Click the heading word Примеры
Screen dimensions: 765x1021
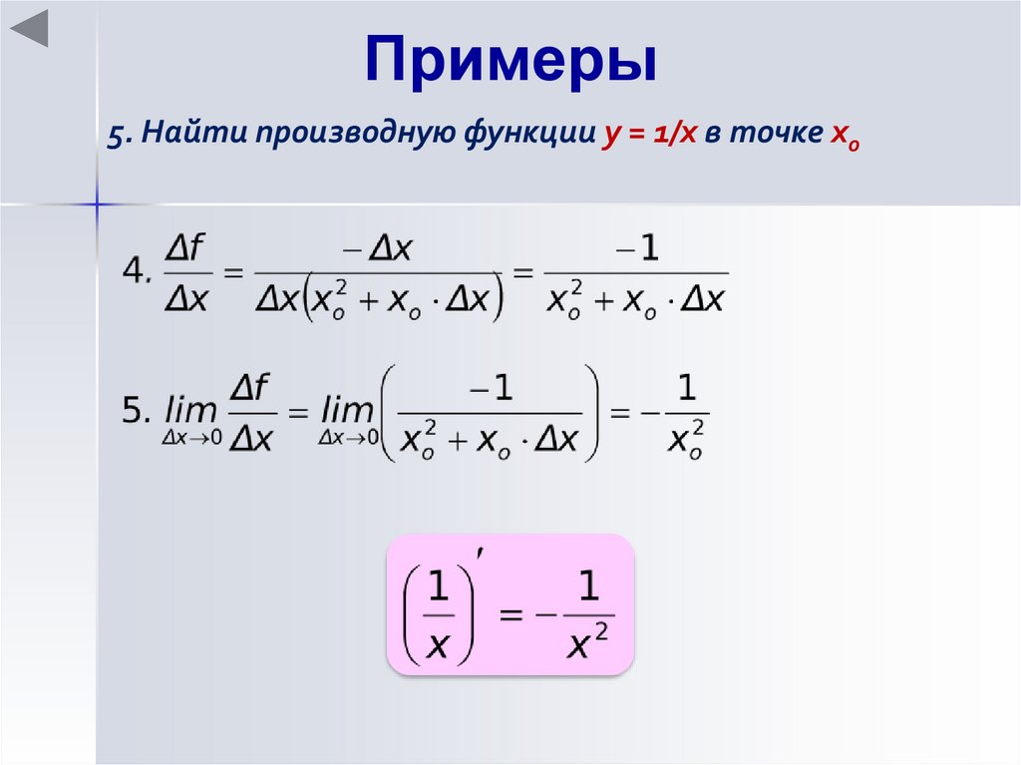click(x=510, y=63)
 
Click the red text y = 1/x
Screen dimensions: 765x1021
click(x=649, y=138)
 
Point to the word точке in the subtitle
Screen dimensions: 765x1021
click(x=775, y=137)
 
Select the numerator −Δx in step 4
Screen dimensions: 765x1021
click(x=378, y=249)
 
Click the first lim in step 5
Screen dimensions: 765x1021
click(x=192, y=410)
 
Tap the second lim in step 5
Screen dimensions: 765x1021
click(x=348, y=410)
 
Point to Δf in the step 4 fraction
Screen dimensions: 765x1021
click(x=186, y=249)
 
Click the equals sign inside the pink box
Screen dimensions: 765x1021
click(x=510, y=615)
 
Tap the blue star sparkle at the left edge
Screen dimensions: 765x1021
click(x=97, y=204)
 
